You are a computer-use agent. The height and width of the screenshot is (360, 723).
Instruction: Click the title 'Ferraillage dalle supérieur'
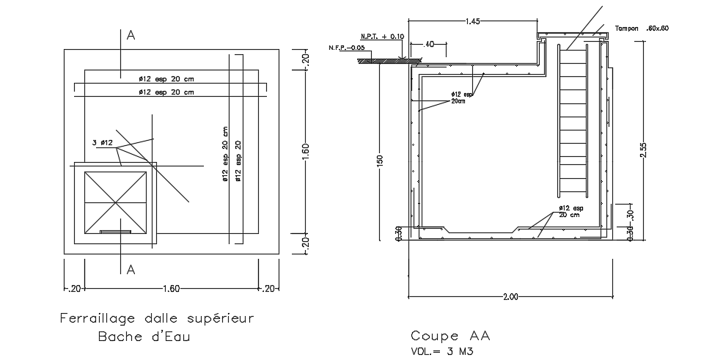click(x=156, y=319)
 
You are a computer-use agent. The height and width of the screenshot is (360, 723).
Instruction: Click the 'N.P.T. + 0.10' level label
click(x=382, y=36)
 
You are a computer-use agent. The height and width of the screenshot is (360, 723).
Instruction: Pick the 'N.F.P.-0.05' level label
click(x=347, y=48)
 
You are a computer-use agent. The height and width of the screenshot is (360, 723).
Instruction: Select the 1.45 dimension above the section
click(x=473, y=22)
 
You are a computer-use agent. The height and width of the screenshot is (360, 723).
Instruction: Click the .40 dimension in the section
click(x=430, y=45)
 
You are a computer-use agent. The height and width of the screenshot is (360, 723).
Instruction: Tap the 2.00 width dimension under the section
click(x=510, y=297)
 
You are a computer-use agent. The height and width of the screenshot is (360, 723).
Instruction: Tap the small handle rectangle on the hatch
click(x=116, y=232)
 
